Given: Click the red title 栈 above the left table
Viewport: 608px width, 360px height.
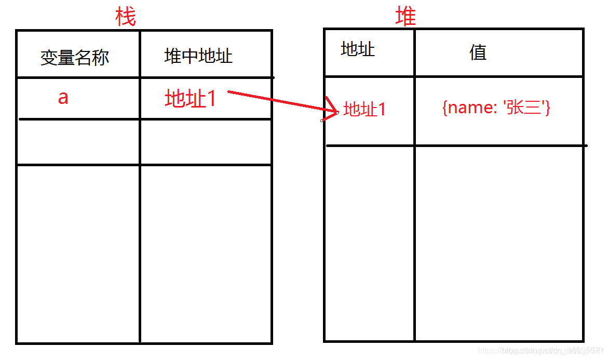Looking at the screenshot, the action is click(125, 18).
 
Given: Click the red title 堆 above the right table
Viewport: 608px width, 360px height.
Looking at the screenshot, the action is click(406, 17).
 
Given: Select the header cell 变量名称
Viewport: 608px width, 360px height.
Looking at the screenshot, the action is click(75, 57).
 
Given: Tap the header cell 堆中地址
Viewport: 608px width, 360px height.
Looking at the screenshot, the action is click(198, 56).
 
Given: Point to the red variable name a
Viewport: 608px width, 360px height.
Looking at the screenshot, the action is click(63, 97).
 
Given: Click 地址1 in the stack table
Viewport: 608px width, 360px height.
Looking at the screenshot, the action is click(190, 98).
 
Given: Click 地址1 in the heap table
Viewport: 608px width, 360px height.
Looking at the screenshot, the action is click(364, 109).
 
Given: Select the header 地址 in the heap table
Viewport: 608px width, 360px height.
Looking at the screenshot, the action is click(358, 49).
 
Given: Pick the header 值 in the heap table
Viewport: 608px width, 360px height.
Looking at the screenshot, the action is click(478, 52).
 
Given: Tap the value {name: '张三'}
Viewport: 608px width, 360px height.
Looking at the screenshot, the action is click(496, 108).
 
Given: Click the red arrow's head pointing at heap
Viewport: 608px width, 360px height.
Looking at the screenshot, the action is click(331, 110).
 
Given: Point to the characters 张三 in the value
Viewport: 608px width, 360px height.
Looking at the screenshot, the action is click(524, 108).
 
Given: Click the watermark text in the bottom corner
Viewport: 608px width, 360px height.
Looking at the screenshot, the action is click(540, 351).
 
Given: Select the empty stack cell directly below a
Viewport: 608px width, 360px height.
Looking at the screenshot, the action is click(78, 142).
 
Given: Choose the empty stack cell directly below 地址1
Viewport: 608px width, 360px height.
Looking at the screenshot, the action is click(206, 142).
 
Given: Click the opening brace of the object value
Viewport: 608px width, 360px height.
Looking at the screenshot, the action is click(444, 108).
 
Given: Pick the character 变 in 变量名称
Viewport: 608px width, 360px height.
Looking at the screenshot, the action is click(49, 57).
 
